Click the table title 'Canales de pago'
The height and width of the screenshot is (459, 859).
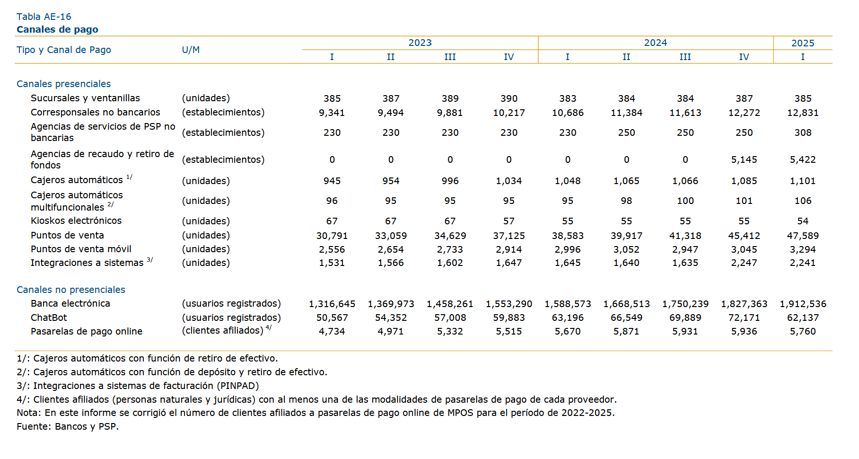point(57,29)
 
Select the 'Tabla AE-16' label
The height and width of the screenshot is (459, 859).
point(44,17)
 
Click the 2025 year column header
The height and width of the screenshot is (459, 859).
point(803,43)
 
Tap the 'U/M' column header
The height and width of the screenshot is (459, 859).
point(191,50)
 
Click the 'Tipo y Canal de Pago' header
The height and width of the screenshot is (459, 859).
point(64,50)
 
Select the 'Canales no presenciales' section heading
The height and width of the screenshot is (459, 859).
point(71,290)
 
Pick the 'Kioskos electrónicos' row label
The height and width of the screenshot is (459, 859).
point(76,221)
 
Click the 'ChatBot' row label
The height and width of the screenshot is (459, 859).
point(49,318)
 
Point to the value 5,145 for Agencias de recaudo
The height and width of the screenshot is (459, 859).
point(744,160)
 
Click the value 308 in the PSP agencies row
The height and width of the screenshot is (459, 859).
point(803,133)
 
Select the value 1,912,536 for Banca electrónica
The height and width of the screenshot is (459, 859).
point(803,304)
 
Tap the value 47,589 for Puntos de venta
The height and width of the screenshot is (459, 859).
point(803,236)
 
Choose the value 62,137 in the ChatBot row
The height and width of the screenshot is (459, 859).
point(803,318)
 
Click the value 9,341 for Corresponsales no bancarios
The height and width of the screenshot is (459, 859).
point(332,113)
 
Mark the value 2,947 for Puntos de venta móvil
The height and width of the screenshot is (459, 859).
point(685,249)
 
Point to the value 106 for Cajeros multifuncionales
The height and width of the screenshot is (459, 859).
point(803,201)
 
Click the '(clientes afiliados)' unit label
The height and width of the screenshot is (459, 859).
point(223,330)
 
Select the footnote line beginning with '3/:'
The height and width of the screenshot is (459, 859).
point(138,386)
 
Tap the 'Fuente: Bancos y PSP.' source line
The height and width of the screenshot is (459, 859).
point(68,426)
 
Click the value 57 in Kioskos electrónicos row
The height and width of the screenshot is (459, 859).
point(509,221)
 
